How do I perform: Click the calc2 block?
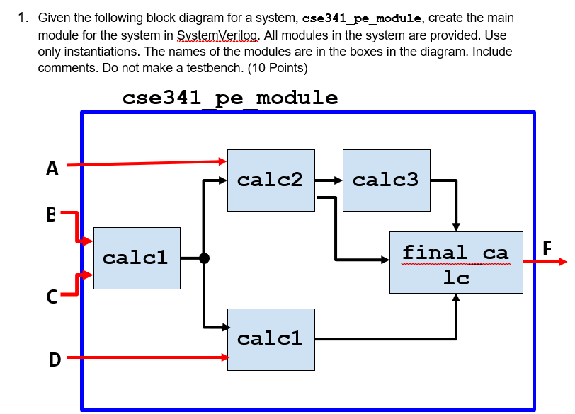(271, 180)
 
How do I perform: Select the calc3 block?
(386, 180)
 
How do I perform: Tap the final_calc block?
(456, 262)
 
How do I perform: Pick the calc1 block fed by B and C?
(137, 258)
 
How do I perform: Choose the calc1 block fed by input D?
(271, 339)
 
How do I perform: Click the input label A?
(52, 168)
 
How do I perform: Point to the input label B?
(51, 214)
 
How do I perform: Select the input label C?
(52, 298)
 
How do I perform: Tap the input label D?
(54, 360)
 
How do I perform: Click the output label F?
(546, 248)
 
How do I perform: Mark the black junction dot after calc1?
(204, 258)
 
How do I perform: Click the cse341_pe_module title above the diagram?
(230, 98)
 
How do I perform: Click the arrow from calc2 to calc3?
(329, 180)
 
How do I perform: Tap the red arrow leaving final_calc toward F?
(545, 262)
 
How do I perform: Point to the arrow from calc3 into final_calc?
(455, 205)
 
